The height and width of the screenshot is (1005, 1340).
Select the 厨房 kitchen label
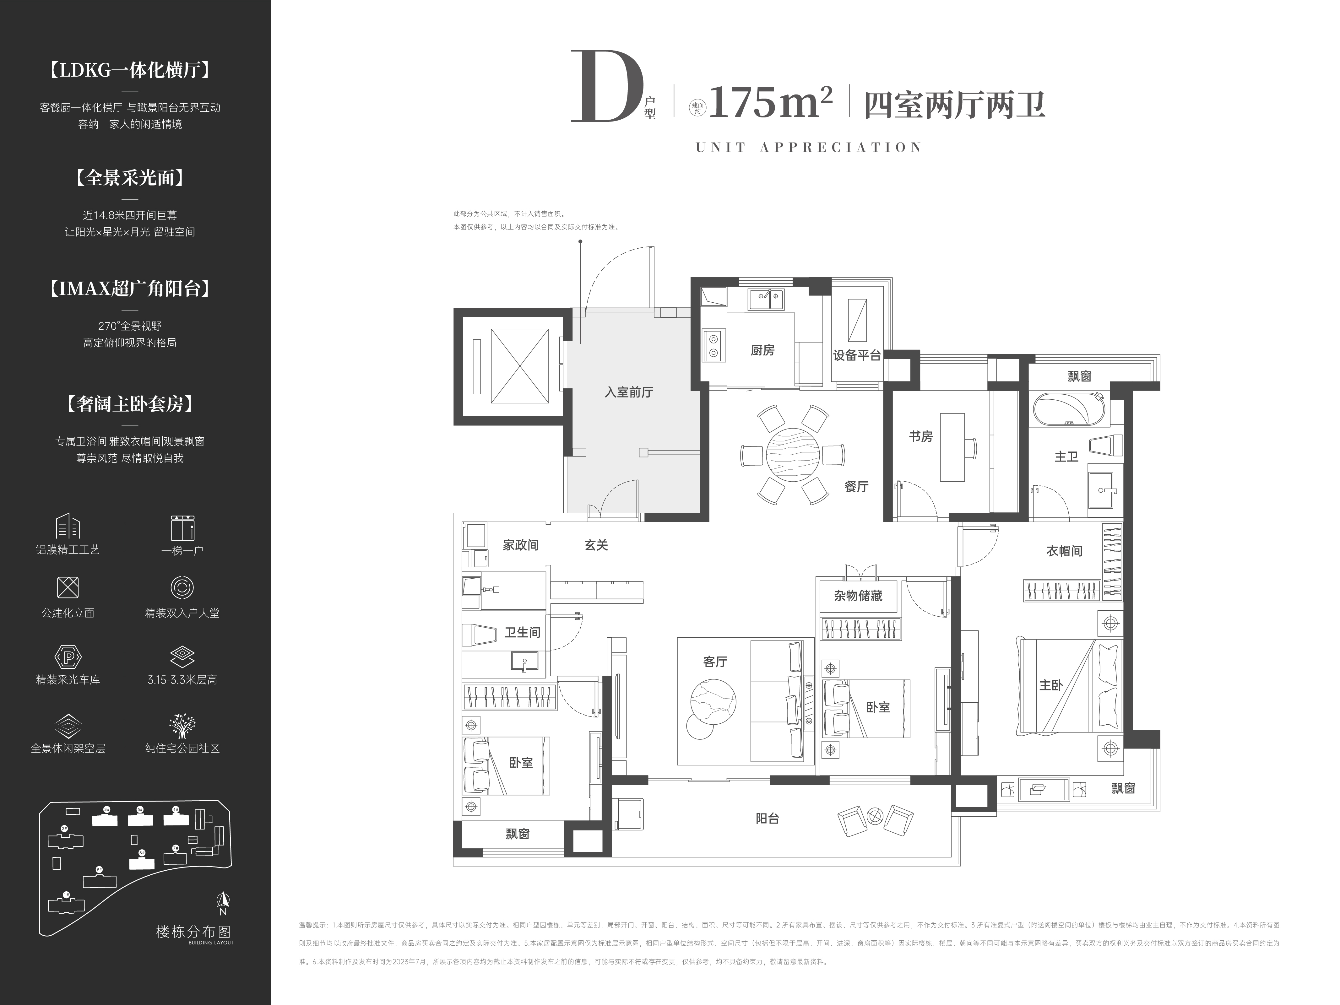tap(762, 350)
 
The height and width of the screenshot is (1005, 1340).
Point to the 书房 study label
tap(920, 436)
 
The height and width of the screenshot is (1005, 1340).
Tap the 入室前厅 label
tap(629, 392)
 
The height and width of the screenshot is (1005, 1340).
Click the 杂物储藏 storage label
tap(858, 596)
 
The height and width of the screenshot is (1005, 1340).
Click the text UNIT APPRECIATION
tap(809, 147)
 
